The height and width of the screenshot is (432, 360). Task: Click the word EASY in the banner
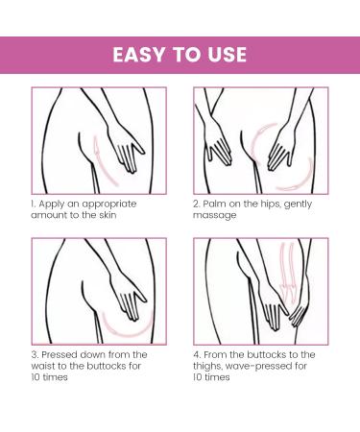click(x=139, y=55)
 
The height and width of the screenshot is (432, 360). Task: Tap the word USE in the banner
click(x=228, y=55)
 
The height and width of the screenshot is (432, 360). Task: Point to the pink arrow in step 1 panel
click(x=104, y=161)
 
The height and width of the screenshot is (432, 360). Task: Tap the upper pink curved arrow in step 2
click(x=262, y=141)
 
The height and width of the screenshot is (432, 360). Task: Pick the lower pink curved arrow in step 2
click(x=300, y=180)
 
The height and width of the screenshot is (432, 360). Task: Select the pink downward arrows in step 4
click(x=287, y=272)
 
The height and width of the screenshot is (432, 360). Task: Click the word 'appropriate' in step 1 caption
click(x=109, y=204)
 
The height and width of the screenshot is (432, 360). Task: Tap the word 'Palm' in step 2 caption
click(x=213, y=204)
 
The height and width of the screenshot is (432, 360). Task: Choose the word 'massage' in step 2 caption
click(x=214, y=216)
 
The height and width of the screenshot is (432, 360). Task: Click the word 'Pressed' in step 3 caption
click(x=60, y=354)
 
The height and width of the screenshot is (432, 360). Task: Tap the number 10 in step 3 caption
click(x=36, y=377)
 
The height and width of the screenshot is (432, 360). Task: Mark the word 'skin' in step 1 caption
click(x=108, y=215)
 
